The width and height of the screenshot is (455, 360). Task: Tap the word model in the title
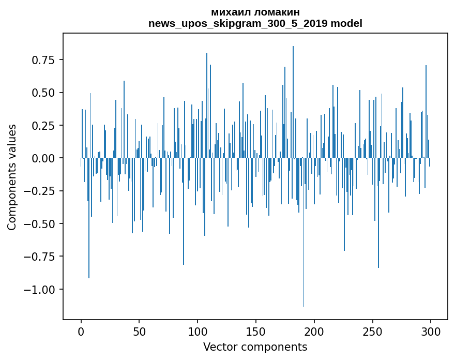(x=346, y=23)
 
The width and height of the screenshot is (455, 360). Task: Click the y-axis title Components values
(x=12, y=177)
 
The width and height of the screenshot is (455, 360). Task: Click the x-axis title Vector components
(x=255, y=347)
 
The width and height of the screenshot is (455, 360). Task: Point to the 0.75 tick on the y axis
(x=46, y=60)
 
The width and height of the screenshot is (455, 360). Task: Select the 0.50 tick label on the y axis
(x=46, y=93)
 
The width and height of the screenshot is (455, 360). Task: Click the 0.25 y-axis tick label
(x=46, y=126)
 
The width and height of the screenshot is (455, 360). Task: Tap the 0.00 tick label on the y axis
(x=46, y=158)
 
